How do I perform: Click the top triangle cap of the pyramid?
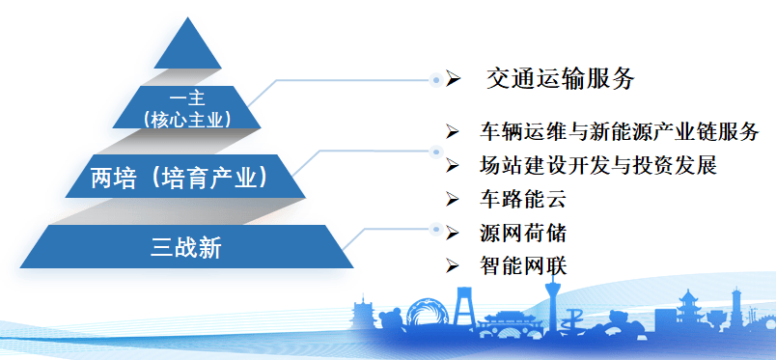point(187,48)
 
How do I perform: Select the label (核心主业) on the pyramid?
point(186,119)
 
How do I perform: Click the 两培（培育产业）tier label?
point(180,179)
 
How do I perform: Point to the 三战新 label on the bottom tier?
point(186,248)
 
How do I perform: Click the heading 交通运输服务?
point(560,79)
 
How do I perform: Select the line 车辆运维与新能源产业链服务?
point(619,131)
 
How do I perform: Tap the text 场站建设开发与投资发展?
point(598,165)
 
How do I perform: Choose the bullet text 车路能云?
point(522,199)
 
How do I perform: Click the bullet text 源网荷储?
point(522,233)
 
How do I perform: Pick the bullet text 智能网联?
point(522,266)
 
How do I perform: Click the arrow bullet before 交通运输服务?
point(453,79)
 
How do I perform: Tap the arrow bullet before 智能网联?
point(453,266)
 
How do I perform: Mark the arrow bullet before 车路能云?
point(453,199)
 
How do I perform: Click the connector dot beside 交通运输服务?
point(435,79)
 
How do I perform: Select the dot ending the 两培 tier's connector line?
point(435,152)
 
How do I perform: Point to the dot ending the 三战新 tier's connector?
point(435,229)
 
